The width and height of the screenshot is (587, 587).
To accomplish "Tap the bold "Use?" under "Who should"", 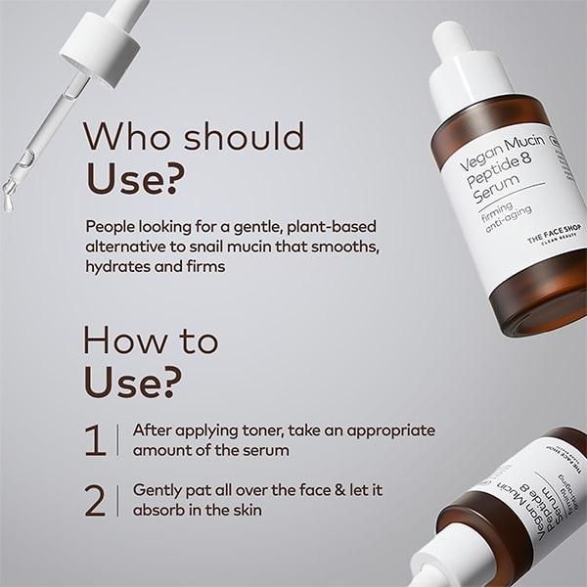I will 134,177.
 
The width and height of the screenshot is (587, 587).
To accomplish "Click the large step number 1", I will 95,440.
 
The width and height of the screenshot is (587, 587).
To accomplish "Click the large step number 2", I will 95,500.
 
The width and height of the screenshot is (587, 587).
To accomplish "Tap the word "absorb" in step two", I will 159,511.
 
